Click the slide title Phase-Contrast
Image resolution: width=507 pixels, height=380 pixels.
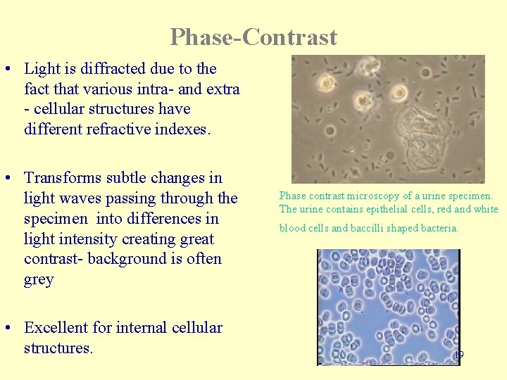(x=254, y=37)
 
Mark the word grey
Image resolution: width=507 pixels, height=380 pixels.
(x=39, y=279)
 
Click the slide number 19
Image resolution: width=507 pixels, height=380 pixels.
(x=458, y=355)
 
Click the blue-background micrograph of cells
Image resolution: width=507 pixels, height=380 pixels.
(x=388, y=306)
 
